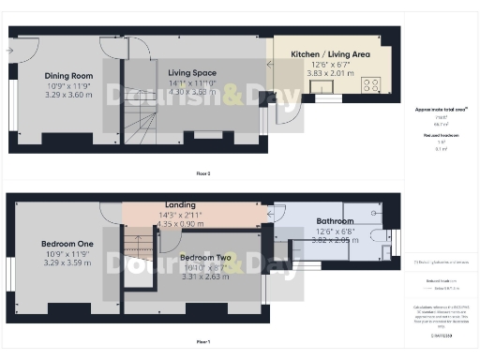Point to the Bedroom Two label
click(204, 256)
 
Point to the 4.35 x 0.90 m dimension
click(179, 224)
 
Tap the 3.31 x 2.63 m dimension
click(204, 276)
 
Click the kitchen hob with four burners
click(370, 84)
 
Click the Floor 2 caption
click(202, 173)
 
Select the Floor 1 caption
click(202, 342)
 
